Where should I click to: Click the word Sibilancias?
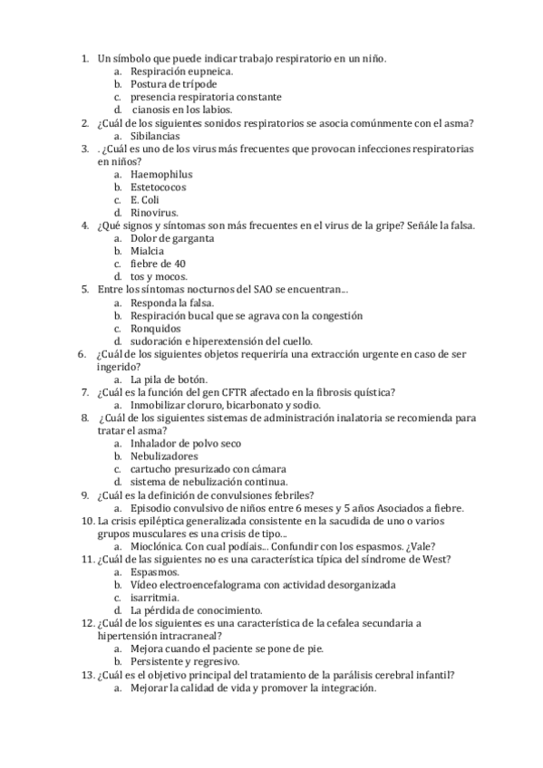[x=155, y=136]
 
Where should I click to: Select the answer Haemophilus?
[x=161, y=174]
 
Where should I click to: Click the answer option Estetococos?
[x=158, y=187]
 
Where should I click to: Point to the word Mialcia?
[x=148, y=251]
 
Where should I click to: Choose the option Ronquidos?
[x=155, y=328]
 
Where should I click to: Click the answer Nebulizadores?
[x=163, y=456]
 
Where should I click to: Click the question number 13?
[x=87, y=675]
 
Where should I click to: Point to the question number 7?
[x=84, y=392]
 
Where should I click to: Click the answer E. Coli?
[x=145, y=200]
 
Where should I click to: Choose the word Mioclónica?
[x=159, y=546]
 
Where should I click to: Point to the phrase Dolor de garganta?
[x=172, y=238]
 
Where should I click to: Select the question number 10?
[x=87, y=521]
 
